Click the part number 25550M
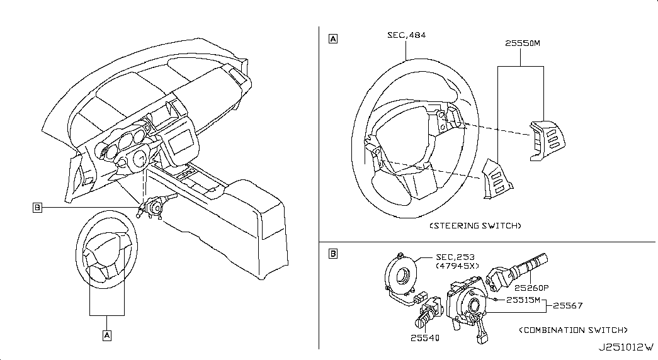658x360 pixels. point(523,43)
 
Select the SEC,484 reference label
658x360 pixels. point(406,35)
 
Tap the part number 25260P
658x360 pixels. point(531,288)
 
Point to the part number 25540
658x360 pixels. point(424,338)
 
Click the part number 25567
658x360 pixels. point(568,305)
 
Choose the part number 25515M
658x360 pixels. point(523,300)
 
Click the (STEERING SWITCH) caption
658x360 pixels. point(475,226)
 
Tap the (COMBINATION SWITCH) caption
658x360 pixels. point(573,330)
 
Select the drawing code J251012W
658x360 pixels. point(626,347)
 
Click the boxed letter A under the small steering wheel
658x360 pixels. point(107,335)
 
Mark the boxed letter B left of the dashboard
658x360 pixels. point(37,207)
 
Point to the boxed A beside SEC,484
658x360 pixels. point(332,39)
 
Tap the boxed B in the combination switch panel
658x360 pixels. point(332,254)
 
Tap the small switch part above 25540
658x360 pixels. point(428,313)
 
